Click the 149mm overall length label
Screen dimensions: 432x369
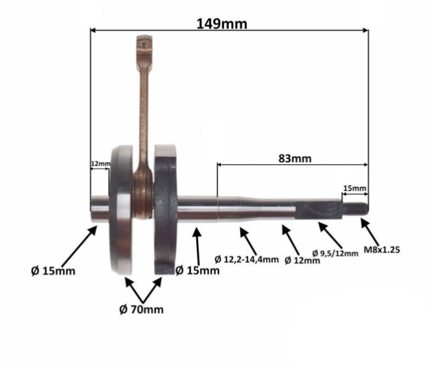click(x=222, y=24)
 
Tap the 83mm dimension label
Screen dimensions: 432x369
click(x=295, y=159)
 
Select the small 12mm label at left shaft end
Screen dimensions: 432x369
click(x=101, y=164)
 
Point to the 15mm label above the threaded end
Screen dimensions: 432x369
click(x=355, y=188)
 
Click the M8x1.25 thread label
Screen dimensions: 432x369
click(x=381, y=250)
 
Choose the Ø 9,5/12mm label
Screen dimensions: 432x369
click(x=335, y=253)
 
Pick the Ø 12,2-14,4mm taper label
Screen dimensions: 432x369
click(x=247, y=259)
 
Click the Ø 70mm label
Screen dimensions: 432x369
click(x=141, y=310)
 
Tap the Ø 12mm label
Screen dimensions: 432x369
click(x=302, y=260)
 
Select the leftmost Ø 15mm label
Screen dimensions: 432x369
click(x=53, y=271)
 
